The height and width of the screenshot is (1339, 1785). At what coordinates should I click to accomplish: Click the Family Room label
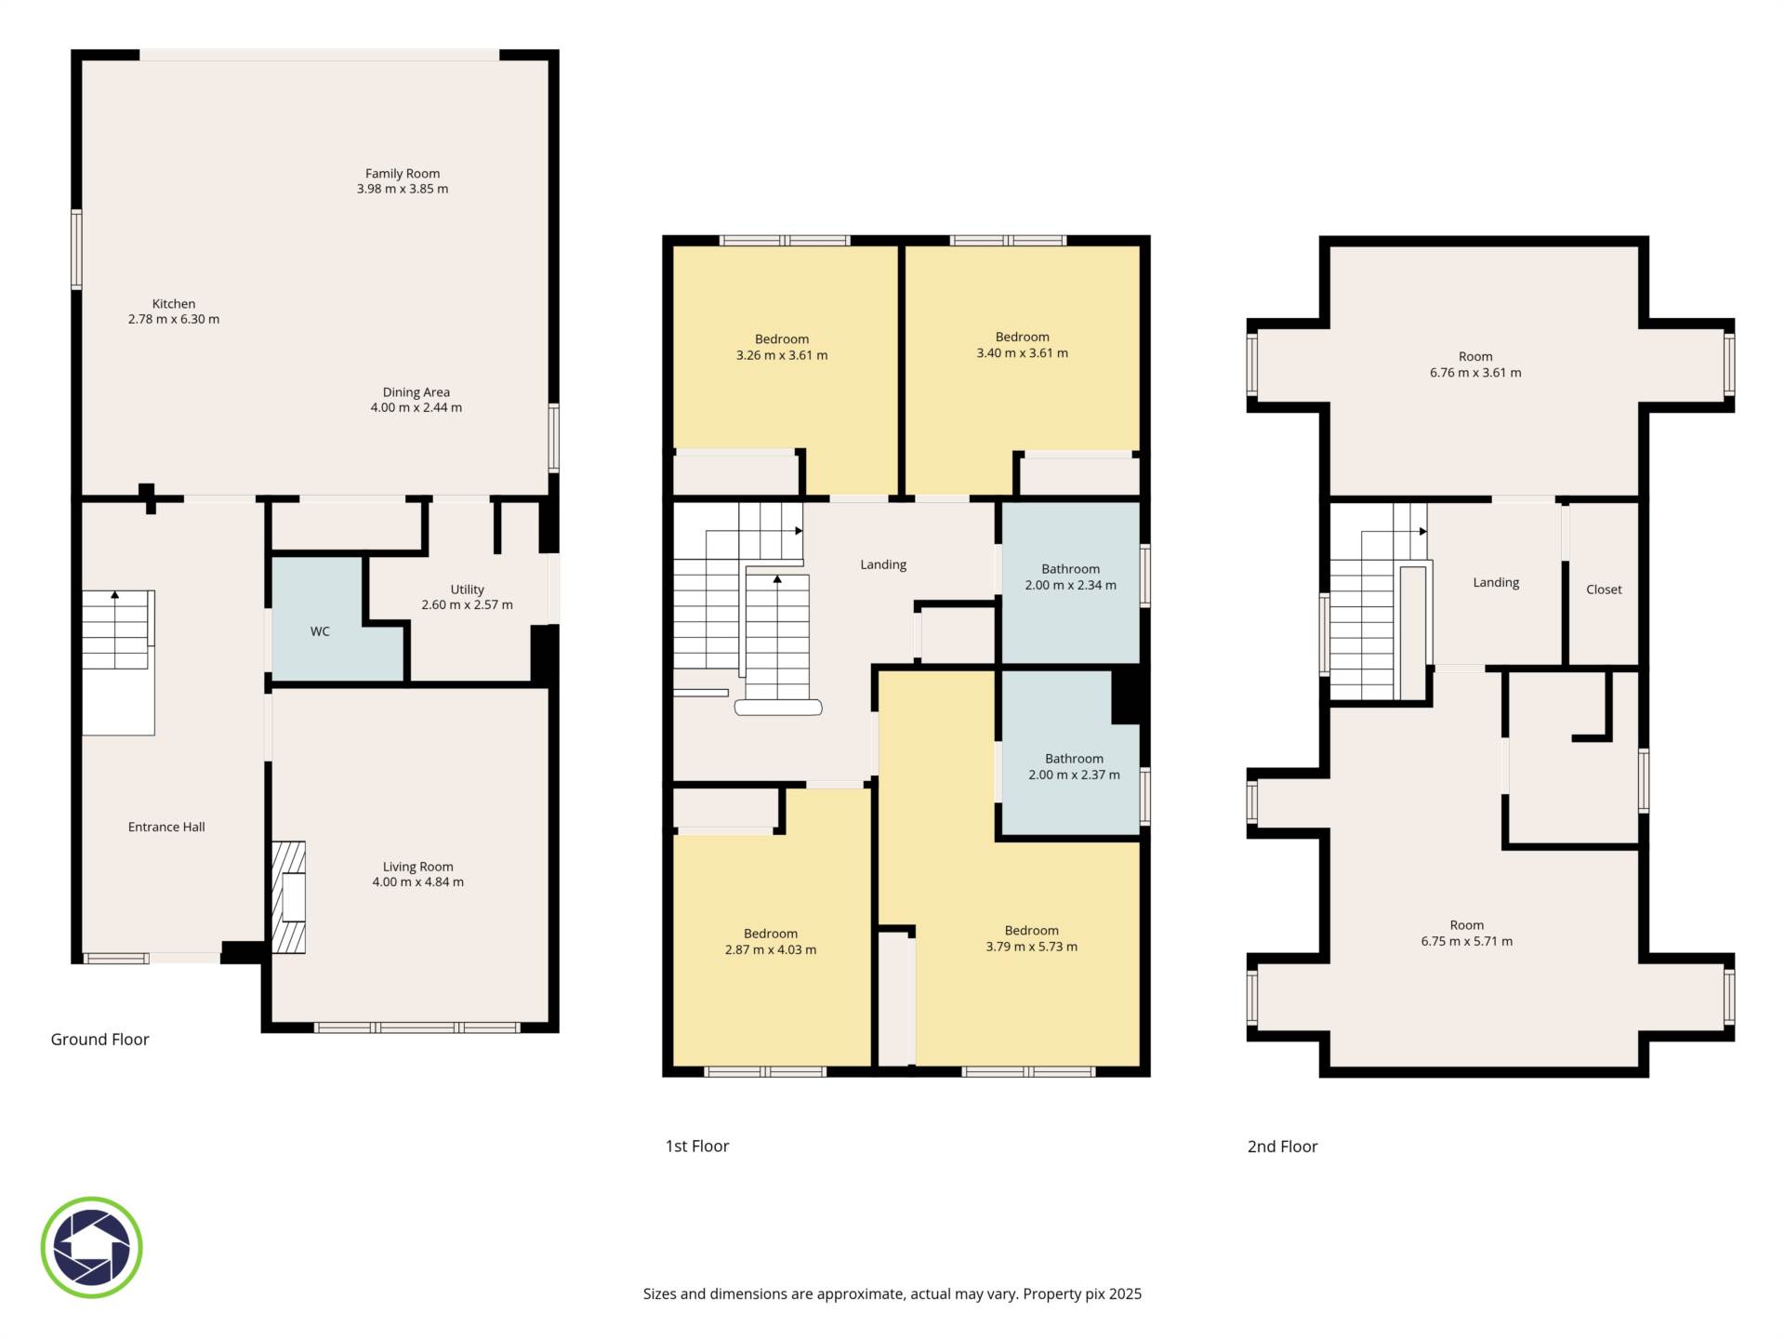(403, 173)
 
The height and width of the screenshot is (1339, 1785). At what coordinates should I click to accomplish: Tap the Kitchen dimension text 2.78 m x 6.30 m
(174, 319)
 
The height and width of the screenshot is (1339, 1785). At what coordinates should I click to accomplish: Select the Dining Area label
(416, 392)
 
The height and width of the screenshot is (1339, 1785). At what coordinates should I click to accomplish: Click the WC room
(320, 631)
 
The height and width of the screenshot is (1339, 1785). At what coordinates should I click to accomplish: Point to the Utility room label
(467, 590)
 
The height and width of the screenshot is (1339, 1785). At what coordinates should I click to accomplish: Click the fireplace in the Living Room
(289, 897)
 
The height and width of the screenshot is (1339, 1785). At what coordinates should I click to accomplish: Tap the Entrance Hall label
(166, 827)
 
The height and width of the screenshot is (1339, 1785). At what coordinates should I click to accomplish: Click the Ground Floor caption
(99, 1040)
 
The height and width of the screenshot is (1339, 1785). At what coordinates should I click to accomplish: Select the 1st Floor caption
(697, 1147)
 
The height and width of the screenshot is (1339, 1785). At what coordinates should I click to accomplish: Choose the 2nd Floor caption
(1283, 1147)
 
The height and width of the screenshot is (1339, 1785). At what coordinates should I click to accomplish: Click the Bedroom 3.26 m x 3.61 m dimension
(782, 355)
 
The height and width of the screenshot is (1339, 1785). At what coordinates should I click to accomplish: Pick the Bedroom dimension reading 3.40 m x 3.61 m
(1023, 353)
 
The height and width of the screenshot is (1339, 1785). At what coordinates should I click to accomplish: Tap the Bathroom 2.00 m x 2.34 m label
(1071, 577)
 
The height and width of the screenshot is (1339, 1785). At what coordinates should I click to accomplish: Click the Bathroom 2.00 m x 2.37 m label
(1075, 767)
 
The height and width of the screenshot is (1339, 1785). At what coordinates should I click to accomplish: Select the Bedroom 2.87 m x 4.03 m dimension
(771, 950)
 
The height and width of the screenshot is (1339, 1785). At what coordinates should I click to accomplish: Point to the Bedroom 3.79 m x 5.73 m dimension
(1032, 948)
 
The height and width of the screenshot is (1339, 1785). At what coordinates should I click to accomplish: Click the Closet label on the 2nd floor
(1604, 590)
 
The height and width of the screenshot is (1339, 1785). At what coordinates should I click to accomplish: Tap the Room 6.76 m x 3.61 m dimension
(1475, 373)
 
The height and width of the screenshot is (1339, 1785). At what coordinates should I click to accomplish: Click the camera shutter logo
(91, 1248)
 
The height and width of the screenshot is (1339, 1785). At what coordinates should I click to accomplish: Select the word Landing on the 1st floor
(883, 564)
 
